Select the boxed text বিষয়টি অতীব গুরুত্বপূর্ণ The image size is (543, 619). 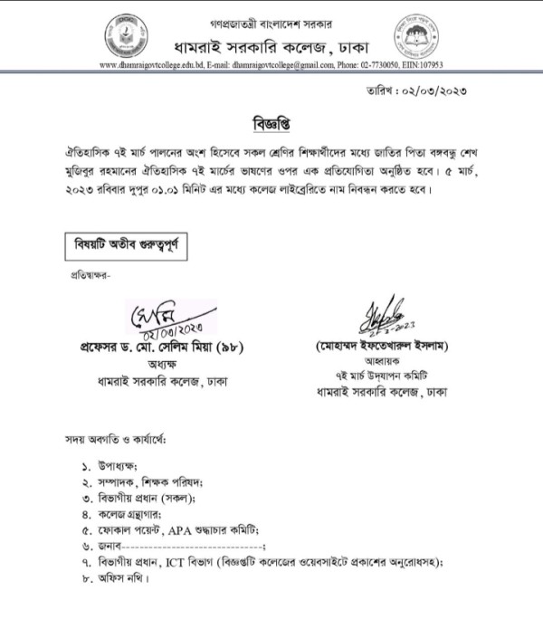tap(125, 244)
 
